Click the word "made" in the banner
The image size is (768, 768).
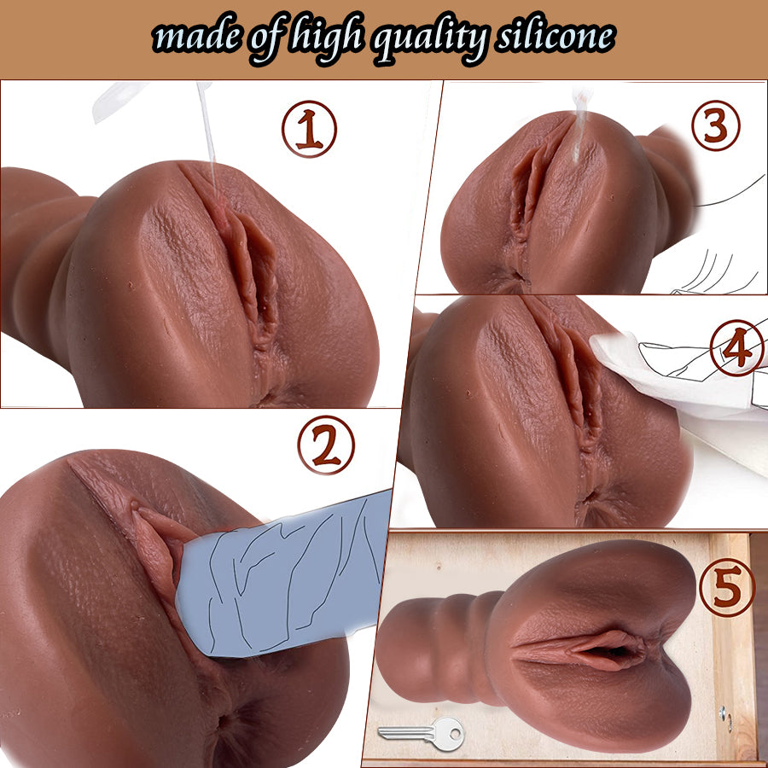[x=196, y=38]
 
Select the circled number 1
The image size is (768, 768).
[x=309, y=129]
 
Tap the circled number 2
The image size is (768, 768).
[x=326, y=445]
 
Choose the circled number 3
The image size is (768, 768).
[x=716, y=125]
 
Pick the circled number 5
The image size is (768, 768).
[x=727, y=587]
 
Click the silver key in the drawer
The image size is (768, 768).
[x=422, y=733]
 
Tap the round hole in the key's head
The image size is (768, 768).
[x=455, y=734]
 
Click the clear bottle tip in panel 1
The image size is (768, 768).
[x=120, y=101]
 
